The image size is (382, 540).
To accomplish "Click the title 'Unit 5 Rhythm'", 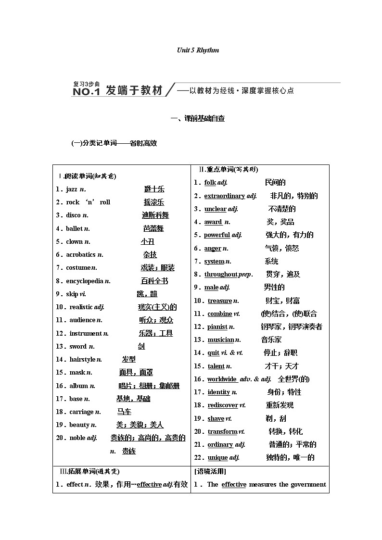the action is [198, 50].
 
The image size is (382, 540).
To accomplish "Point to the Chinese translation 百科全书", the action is [154, 281].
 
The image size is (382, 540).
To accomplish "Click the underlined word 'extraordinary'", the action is [225, 196].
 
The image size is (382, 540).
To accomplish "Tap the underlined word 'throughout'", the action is [221, 274].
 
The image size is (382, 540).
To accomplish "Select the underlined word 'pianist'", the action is [217, 327].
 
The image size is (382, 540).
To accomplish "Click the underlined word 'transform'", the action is [222, 431].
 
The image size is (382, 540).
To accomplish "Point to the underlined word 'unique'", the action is [218, 458].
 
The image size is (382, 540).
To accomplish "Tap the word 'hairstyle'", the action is [83, 359].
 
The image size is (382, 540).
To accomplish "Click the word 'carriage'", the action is [81, 412].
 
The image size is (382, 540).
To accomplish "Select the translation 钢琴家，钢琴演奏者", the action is [292, 327].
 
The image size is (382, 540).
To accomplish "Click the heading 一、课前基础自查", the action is [198, 118].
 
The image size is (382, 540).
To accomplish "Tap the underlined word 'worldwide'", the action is [222, 379].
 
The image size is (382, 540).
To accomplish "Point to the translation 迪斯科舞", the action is [155, 215].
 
